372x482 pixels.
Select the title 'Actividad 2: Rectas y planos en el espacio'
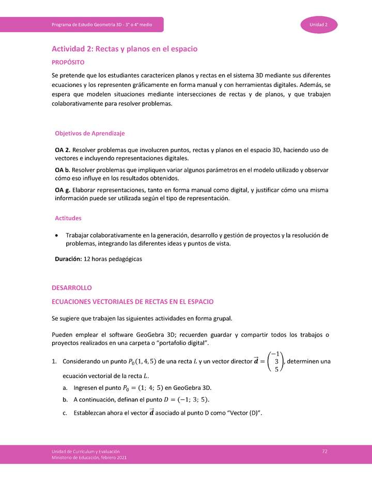pyautogui.click(x=125, y=49)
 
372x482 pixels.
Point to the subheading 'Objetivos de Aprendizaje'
pyautogui.click(x=90, y=133)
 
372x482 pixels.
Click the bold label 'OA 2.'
pyautogui.click(x=63, y=150)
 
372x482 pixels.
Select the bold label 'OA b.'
pyautogui.click(x=63, y=170)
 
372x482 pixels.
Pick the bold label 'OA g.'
pyautogui.click(x=63, y=190)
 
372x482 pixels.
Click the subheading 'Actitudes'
pyautogui.click(x=68, y=218)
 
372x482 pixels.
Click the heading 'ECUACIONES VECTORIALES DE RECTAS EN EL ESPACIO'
pyautogui.click(x=133, y=301)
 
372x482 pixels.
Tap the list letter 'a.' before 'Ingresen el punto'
pyautogui.click(x=66, y=387)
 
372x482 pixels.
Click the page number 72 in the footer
pyautogui.click(x=324, y=451)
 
